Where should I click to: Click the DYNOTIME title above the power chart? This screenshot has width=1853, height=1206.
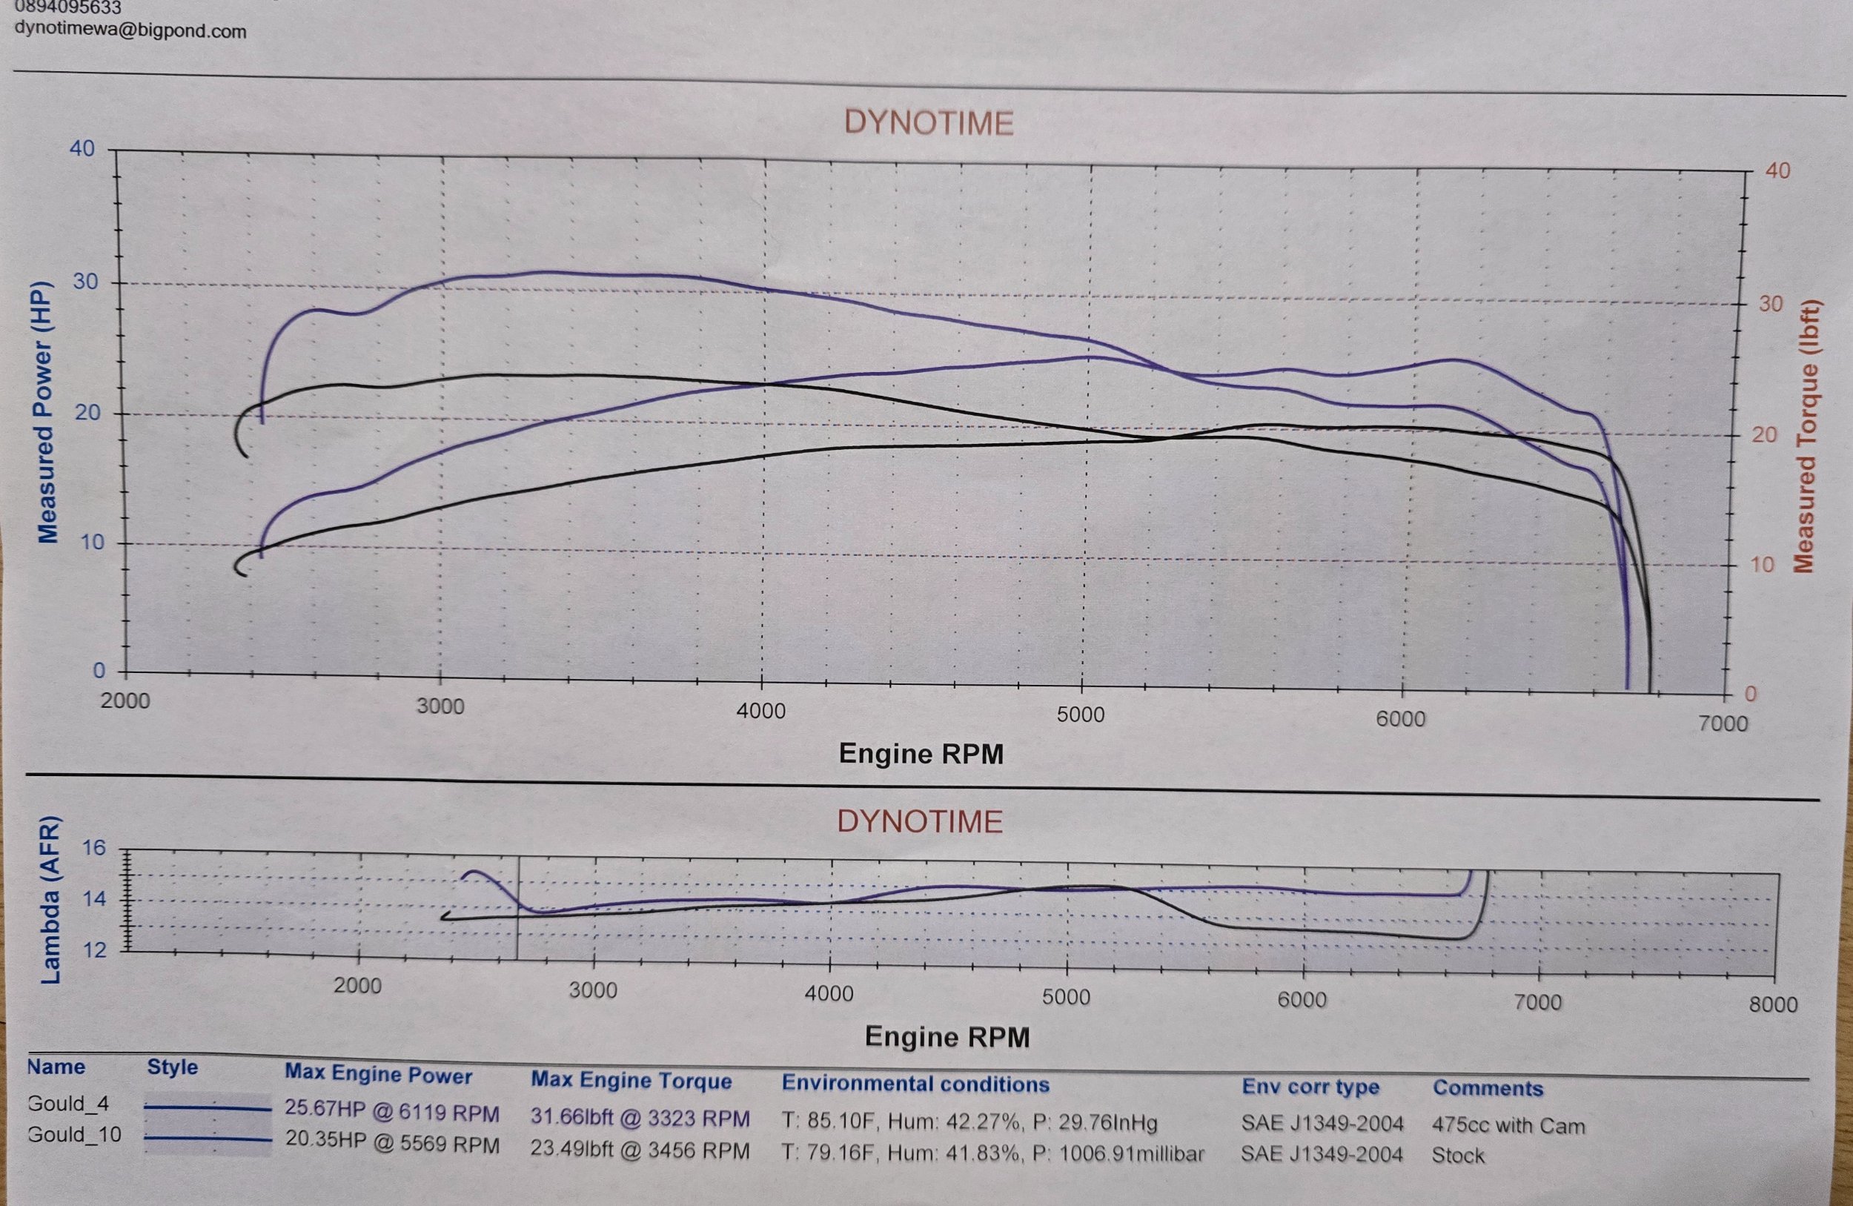pyautogui.click(x=928, y=123)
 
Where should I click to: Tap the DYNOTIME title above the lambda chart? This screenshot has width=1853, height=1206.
pyautogui.click(x=920, y=821)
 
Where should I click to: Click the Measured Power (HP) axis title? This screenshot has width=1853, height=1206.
pyautogui.click(x=47, y=411)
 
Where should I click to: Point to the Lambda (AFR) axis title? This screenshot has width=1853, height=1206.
pyautogui.click(x=50, y=900)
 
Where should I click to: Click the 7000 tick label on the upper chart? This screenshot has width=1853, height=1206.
pyautogui.click(x=1723, y=723)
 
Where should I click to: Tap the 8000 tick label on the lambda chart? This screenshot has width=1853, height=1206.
pyautogui.click(x=1773, y=1004)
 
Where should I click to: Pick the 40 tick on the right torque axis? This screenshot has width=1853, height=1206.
pyautogui.click(x=1777, y=170)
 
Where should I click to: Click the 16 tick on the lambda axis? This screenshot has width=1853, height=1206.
pyautogui.click(x=93, y=848)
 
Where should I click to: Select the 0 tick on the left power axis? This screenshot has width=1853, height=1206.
pyautogui.click(x=99, y=670)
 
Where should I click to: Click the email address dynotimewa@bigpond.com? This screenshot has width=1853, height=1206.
pyautogui.click(x=130, y=31)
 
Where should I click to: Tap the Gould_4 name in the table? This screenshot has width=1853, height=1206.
pyautogui.click(x=67, y=1103)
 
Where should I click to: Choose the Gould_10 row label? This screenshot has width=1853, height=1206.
pyautogui.click(x=74, y=1134)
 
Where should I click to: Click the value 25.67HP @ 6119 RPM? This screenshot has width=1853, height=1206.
pyautogui.click(x=391, y=1113)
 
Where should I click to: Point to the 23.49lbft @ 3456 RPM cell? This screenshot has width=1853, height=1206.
pyautogui.click(x=639, y=1150)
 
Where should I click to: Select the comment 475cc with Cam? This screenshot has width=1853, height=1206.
pyautogui.click(x=1508, y=1125)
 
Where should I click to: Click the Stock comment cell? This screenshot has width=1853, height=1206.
pyautogui.click(x=1457, y=1156)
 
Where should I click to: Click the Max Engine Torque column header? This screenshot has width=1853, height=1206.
pyautogui.click(x=631, y=1081)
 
